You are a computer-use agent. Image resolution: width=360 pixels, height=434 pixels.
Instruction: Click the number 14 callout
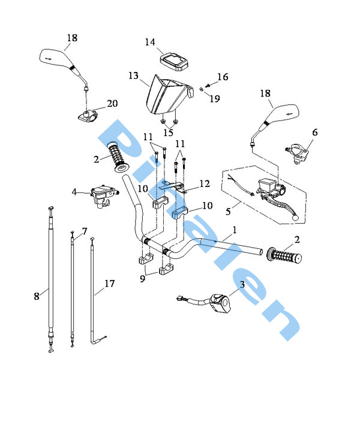click(150, 42)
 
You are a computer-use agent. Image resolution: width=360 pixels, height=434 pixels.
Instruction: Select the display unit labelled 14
click(173, 59)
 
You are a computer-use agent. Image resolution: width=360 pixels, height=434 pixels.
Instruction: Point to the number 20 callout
click(112, 104)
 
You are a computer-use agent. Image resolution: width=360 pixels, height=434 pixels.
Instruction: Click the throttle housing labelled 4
click(99, 195)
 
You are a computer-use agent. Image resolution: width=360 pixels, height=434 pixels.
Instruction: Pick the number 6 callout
click(315, 132)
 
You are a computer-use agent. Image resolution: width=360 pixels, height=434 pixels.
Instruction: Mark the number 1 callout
click(235, 230)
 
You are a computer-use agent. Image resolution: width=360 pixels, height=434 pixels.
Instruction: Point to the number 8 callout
click(37, 296)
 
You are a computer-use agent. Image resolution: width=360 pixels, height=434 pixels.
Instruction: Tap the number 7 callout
click(84, 231)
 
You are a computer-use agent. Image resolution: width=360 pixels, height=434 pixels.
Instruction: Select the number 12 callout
click(204, 184)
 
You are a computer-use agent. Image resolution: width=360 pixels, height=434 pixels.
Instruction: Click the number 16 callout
click(223, 77)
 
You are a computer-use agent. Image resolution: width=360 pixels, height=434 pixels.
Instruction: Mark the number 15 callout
click(169, 132)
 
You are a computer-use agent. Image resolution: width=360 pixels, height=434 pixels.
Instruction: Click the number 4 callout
click(75, 193)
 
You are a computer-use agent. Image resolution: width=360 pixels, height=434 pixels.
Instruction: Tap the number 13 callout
click(133, 76)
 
